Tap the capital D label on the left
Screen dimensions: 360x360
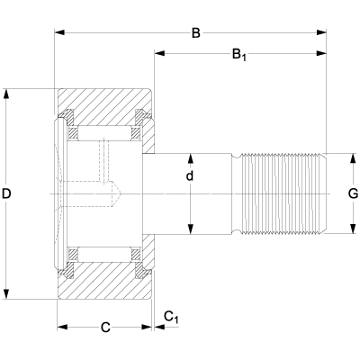pyautogui.click(x=9, y=193)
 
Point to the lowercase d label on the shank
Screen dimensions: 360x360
pyautogui.click(x=190, y=176)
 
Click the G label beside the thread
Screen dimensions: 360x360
pyautogui.click(x=353, y=193)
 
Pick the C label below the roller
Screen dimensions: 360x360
pyautogui.click(x=104, y=328)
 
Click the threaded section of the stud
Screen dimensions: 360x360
pyautogui.click(x=281, y=193)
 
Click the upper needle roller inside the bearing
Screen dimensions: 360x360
pyautogui.click(x=103, y=132)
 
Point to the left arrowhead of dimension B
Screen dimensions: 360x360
pyautogui.click(x=60, y=34)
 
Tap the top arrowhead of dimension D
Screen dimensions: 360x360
pyautogui.click(x=7, y=93)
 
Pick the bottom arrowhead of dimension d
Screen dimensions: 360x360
pyautogui.click(x=190, y=229)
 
